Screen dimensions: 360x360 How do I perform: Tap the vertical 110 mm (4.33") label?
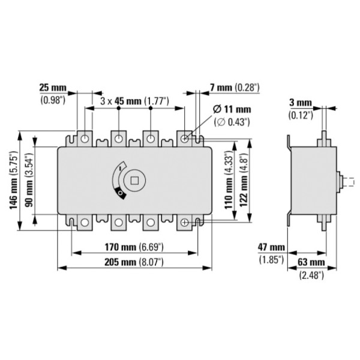pyautogui.click(x=229, y=180)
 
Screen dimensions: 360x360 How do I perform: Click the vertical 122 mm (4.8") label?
pyautogui.click(x=243, y=180)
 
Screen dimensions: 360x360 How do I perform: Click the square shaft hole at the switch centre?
pyautogui.click(x=134, y=179)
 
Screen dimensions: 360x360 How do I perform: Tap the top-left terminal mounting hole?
pyautogui.click(x=86, y=139)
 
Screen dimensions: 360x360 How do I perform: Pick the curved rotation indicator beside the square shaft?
pyautogui.click(x=118, y=180)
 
